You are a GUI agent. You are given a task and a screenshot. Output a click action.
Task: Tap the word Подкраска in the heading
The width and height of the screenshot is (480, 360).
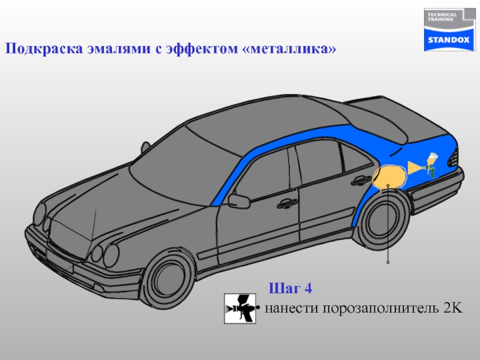click(x=38, y=49)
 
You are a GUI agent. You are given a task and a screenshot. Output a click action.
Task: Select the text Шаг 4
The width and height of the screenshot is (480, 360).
click(x=290, y=289)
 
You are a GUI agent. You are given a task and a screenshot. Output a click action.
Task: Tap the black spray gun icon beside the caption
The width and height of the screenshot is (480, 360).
click(x=240, y=308)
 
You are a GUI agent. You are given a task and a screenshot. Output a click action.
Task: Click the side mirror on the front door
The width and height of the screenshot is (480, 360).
click(x=239, y=201)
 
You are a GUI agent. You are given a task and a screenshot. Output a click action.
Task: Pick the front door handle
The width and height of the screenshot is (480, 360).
click(x=287, y=203)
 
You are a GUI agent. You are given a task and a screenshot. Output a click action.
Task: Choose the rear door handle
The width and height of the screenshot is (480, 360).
click(x=361, y=179)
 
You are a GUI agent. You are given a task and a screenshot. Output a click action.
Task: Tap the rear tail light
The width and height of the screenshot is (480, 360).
click(x=453, y=158)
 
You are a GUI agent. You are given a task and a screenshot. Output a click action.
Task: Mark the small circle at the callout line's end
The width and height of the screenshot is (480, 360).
click(x=389, y=263)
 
